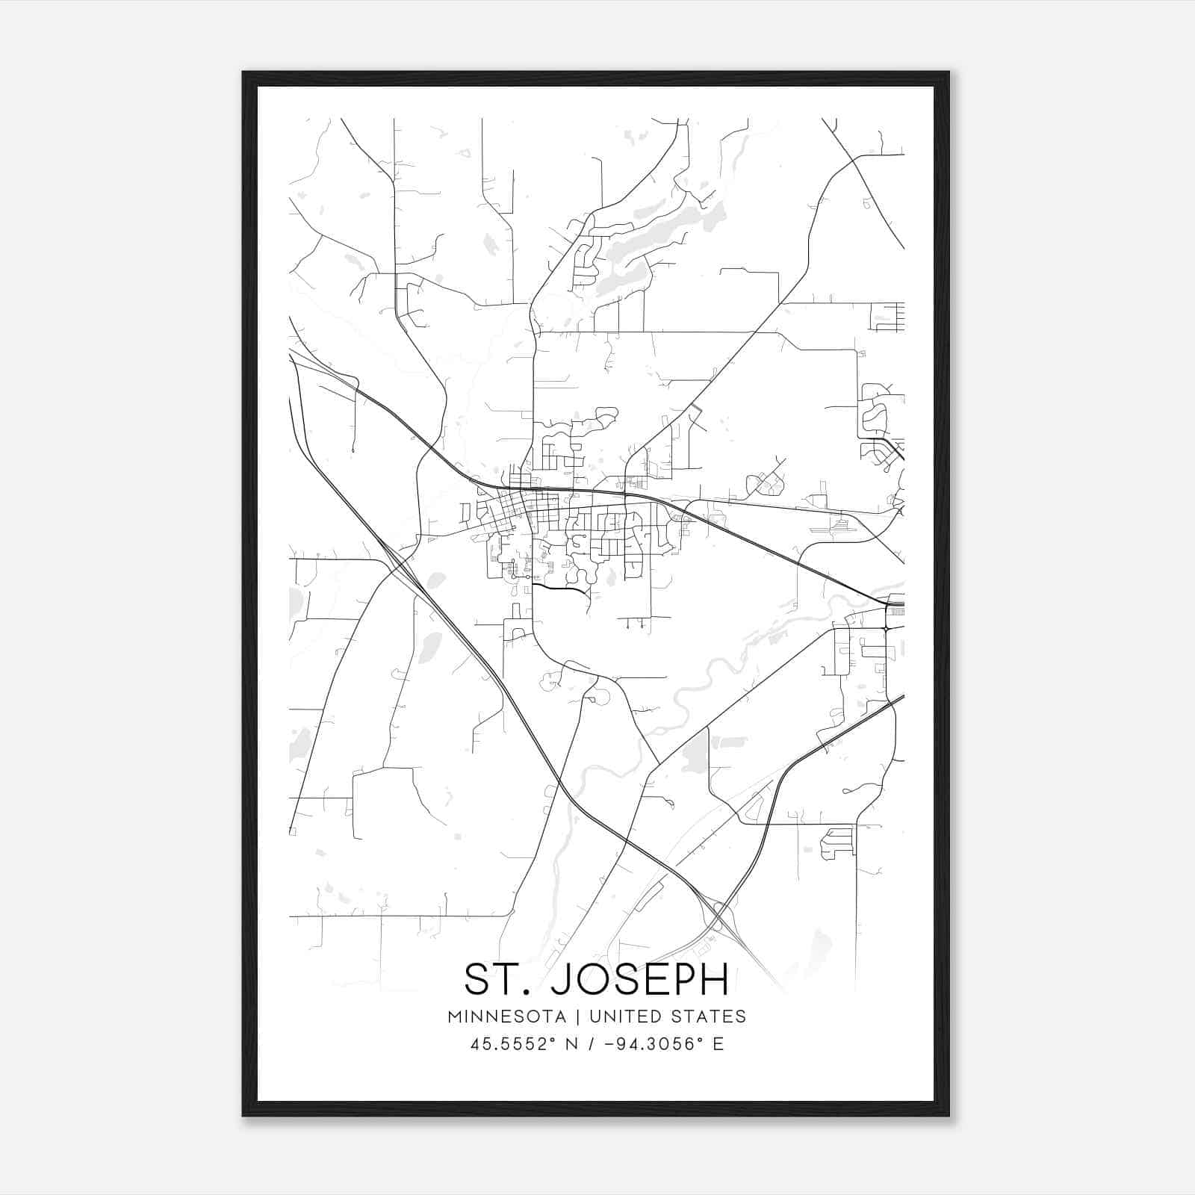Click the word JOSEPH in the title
pyautogui.click(x=639, y=979)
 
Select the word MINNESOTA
pyautogui.click(x=506, y=1016)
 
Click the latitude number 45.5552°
pyautogui.click(x=512, y=1044)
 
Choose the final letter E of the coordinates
pyautogui.click(x=718, y=1044)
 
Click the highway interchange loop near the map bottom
pyautogui.click(x=718, y=913)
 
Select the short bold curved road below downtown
pyautogui.click(x=560, y=589)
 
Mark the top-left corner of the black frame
pyautogui.click(x=243, y=72)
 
